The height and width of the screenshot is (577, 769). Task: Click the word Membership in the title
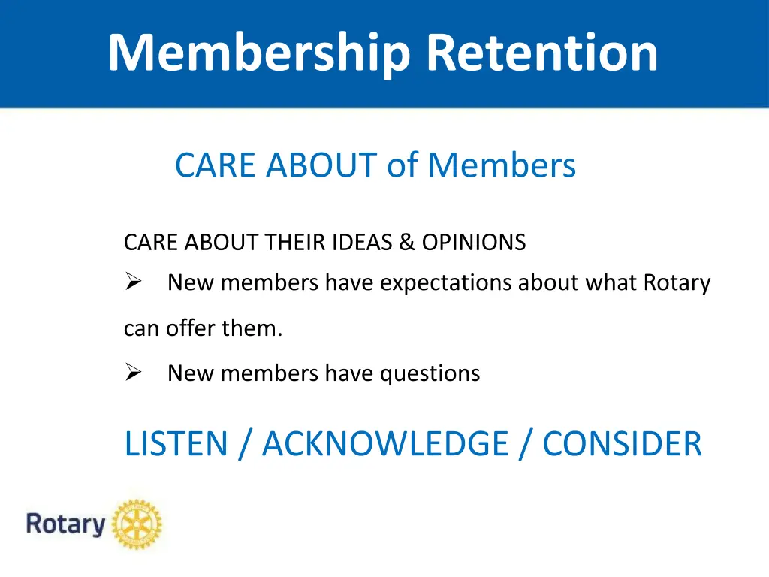[x=259, y=53]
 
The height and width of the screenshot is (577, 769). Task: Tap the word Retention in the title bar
[x=541, y=53]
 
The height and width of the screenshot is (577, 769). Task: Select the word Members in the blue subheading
[x=502, y=165]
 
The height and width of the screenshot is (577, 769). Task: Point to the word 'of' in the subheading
[x=403, y=165]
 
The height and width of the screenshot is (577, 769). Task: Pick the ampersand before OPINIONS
[x=407, y=243]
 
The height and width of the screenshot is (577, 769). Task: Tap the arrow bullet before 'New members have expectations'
[x=134, y=283]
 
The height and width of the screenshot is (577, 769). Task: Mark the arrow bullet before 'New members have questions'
[x=134, y=373]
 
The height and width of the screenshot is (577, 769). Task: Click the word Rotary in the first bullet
[x=677, y=283]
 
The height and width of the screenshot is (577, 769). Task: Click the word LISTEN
[x=176, y=443]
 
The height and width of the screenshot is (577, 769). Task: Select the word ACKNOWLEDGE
[x=384, y=443]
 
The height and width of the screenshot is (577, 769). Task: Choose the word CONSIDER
[x=622, y=443]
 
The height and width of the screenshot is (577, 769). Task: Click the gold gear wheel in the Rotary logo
[x=137, y=524]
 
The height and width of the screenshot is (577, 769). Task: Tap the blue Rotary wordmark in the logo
[x=65, y=524]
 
